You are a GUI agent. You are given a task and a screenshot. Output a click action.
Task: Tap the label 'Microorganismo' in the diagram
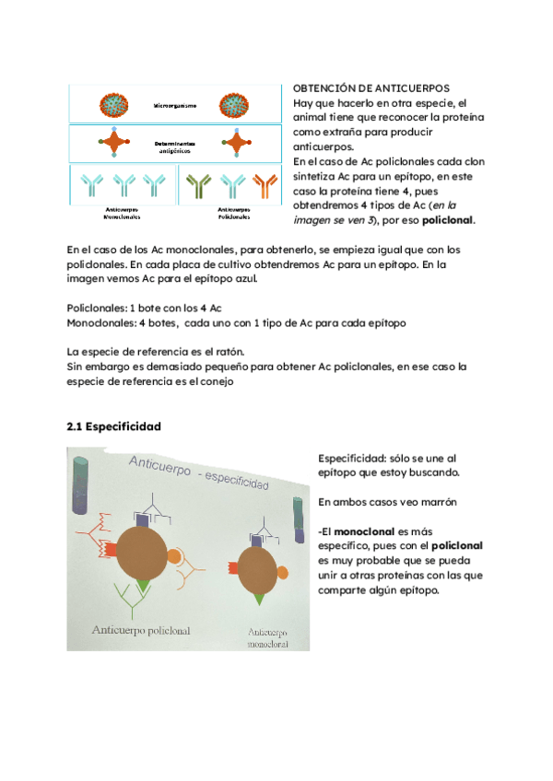coord(175,107)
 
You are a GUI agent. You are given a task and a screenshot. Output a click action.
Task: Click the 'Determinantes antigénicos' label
coord(175,146)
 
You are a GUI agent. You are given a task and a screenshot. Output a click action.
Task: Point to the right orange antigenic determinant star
coord(236,144)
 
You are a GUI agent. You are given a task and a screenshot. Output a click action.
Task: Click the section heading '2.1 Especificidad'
coord(114,426)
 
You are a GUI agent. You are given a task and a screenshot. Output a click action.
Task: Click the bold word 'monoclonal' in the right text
coord(365,531)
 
